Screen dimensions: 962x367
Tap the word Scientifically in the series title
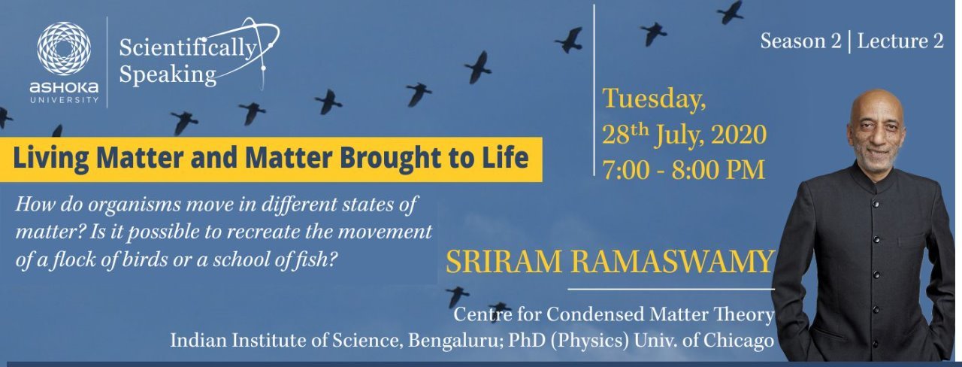[188, 47]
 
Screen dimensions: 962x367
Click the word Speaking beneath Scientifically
[168, 74]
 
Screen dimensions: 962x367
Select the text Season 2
[800, 41]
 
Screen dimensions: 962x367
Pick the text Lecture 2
[900, 41]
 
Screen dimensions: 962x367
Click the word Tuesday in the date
[653, 99]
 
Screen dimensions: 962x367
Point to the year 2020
[739, 135]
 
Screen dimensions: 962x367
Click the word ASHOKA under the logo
[64, 88]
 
